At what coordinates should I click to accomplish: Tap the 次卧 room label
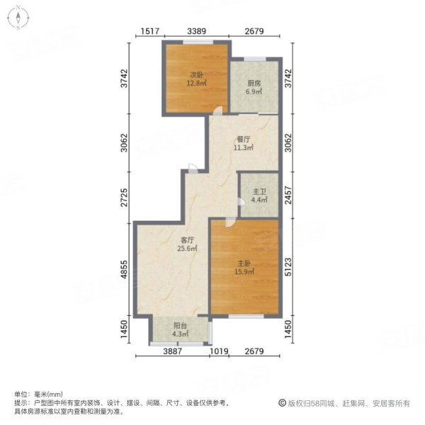tap(196, 74)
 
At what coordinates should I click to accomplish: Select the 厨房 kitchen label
tap(254, 84)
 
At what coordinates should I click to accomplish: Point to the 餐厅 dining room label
tap(244, 140)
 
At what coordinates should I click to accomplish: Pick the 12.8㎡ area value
tap(196, 83)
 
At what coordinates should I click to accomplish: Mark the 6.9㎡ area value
tap(254, 93)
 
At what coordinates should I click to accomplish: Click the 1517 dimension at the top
tap(149, 30)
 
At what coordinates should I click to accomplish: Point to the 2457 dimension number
tap(288, 195)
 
